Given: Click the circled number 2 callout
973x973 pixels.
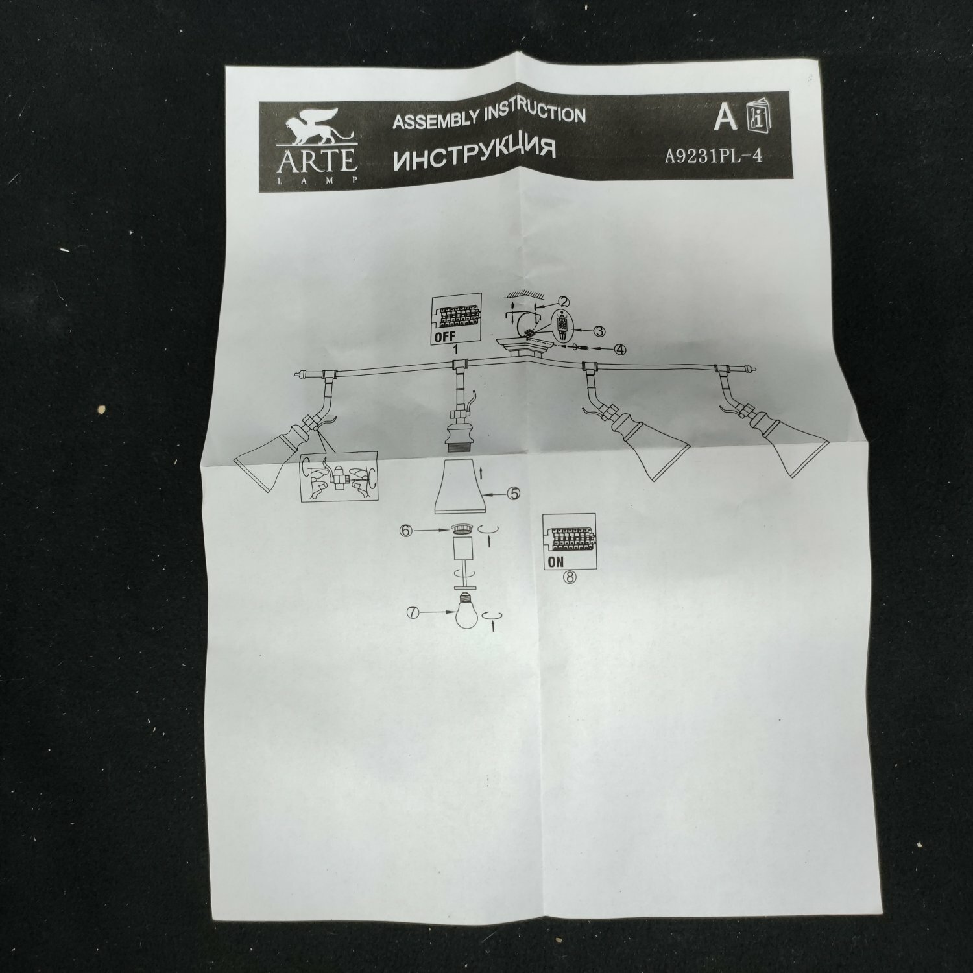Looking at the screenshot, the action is pyautogui.click(x=563, y=302).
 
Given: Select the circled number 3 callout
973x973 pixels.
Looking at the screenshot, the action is pyautogui.click(x=600, y=331).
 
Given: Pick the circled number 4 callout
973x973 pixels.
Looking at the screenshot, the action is pyautogui.click(x=621, y=350).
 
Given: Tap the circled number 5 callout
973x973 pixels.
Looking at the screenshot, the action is pyautogui.click(x=513, y=493).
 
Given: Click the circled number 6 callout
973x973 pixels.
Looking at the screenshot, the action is pyautogui.click(x=407, y=530).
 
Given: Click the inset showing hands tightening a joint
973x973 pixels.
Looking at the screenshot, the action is pyautogui.click(x=337, y=480).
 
